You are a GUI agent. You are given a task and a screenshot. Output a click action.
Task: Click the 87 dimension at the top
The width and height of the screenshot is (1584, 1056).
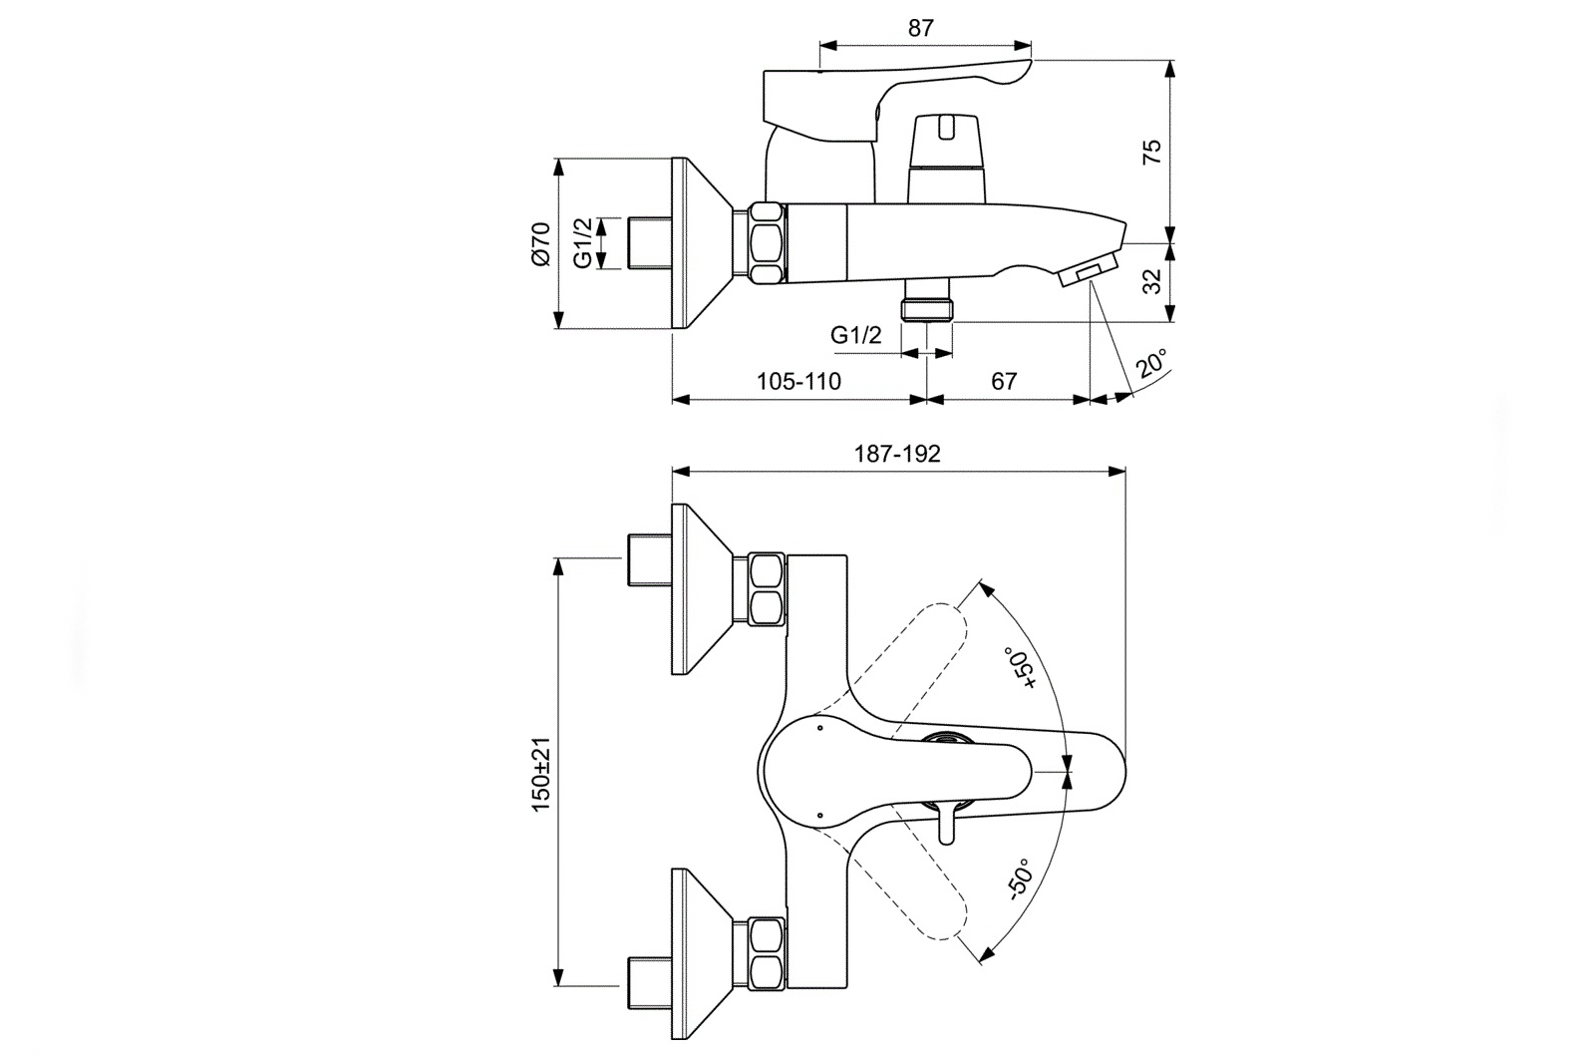(x=921, y=28)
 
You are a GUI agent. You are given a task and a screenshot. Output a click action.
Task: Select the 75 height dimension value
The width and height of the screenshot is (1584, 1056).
(x=1152, y=152)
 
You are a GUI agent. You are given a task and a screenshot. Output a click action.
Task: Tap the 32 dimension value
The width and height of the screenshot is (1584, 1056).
(x=1152, y=282)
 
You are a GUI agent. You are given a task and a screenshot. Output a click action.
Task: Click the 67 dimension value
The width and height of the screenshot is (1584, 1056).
(x=1004, y=381)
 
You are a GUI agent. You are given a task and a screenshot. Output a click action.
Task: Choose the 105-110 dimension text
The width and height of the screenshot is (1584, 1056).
(x=798, y=381)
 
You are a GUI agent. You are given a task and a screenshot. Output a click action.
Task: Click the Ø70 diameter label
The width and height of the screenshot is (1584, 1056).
(x=540, y=243)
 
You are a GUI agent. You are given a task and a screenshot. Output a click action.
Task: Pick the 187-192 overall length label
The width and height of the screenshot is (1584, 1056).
(x=897, y=454)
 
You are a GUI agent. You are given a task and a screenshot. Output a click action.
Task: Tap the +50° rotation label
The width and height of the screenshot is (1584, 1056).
(x=1023, y=668)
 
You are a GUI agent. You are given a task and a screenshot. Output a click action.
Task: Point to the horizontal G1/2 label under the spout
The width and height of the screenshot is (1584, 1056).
(x=856, y=335)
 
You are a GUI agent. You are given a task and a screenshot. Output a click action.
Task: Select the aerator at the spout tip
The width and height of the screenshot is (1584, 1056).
(x=1089, y=274)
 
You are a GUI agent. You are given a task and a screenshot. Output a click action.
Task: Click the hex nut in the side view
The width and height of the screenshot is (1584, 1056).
(x=767, y=244)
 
